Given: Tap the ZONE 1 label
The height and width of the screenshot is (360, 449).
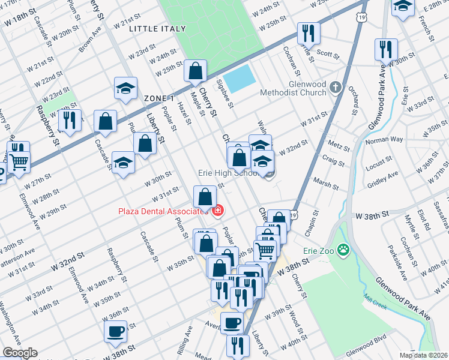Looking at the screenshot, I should click(x=159, y=98).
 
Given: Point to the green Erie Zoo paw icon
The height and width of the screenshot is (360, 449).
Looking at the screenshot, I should click(x=343, y=249).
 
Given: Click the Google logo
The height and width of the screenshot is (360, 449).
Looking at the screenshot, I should click(x=19, y=353).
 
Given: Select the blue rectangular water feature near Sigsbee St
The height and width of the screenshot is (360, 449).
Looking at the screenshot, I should click(x=240, y=79).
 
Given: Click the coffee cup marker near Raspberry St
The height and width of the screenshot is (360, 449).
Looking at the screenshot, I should click(x=115, y=330).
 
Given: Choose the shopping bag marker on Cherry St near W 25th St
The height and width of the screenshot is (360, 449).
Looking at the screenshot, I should click(x=196, y=71).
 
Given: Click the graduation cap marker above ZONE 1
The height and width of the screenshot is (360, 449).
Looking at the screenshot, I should click(x=126, y=88).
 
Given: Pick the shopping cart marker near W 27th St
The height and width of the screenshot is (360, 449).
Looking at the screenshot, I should click(x=19, y=161).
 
